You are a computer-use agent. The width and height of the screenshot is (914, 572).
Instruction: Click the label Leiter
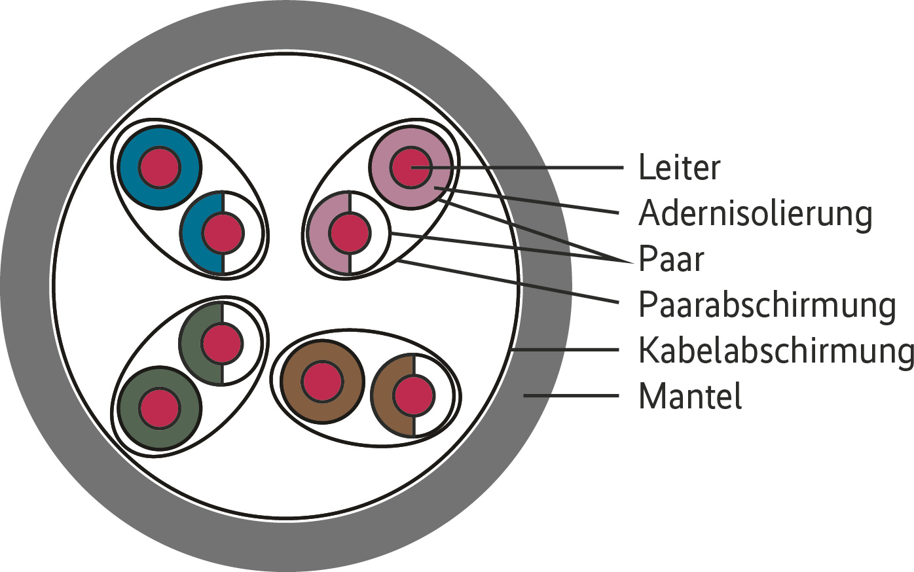point(679,168)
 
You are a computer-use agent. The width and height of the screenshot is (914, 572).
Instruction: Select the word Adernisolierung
point(755,213)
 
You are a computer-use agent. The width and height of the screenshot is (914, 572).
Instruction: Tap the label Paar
point(670,259)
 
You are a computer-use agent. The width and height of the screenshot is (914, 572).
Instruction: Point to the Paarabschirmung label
point(767,305)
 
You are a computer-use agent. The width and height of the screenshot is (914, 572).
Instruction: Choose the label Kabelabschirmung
point(775,350)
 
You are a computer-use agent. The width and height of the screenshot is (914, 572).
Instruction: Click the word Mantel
point(690,396)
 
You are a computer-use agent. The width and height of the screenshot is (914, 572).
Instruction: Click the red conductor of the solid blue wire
point(159,168)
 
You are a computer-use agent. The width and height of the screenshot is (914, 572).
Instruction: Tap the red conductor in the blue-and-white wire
point(223,232)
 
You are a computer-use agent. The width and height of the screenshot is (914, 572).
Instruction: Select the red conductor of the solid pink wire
point(411,168)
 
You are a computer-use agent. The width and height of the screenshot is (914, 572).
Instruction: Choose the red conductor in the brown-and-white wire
point(413,395)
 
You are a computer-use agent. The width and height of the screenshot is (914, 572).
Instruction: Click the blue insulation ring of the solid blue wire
point(131,168)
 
